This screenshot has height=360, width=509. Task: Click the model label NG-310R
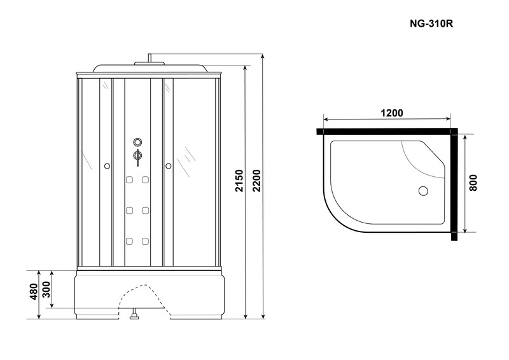(431, 24)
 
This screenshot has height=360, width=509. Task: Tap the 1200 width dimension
(391, 113)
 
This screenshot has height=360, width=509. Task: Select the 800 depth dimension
(473, 183)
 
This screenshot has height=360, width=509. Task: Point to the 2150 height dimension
(239, 181)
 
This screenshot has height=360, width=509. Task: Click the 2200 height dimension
(257, 181)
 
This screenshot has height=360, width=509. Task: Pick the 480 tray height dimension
(34, 291)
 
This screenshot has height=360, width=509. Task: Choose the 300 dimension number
(46, 289)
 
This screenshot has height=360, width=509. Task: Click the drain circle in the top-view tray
(423, 191)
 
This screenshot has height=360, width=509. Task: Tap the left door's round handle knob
(107, 166)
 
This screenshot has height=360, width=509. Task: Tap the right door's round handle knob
(168, 166)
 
